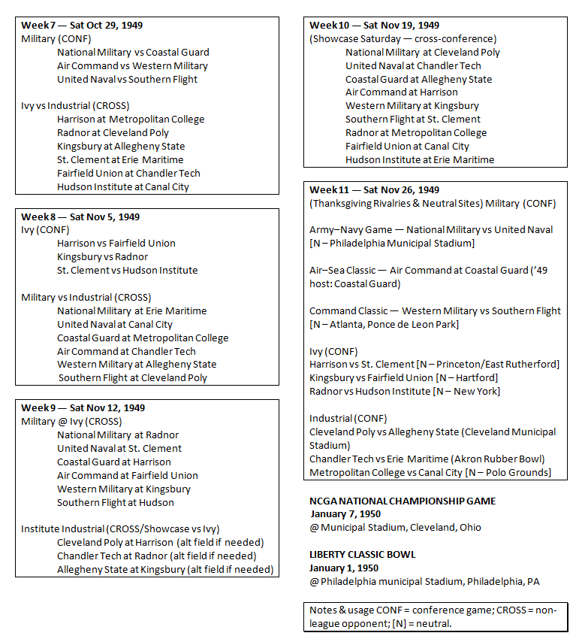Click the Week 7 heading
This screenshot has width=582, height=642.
(82, 26)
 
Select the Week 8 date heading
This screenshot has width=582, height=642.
(80, 217)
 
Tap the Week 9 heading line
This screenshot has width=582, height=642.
(83, 407)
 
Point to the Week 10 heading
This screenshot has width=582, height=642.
(375, 26)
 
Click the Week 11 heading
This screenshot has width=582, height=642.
(375, 189)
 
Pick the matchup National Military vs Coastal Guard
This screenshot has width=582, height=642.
(133, 53)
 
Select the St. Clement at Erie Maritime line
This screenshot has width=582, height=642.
(120, 159)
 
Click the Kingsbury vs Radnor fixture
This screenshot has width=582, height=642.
(102, 256)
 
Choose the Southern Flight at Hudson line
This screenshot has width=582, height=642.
(115, 502)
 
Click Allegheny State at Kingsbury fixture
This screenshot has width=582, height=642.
(165, 569)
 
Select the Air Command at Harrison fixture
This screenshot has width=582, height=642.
(401, 92)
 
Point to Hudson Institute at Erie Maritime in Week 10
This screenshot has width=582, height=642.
(420, 159)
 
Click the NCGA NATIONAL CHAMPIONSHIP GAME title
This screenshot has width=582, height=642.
(403, 501)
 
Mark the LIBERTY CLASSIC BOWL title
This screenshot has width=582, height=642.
(362, 554)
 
